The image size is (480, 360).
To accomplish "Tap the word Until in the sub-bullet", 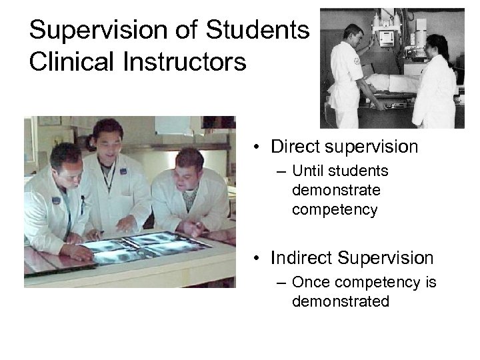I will coord(307,172).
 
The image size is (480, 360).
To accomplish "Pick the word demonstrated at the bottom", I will coord(340,302).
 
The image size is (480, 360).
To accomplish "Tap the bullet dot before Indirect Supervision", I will coord(257,259).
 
